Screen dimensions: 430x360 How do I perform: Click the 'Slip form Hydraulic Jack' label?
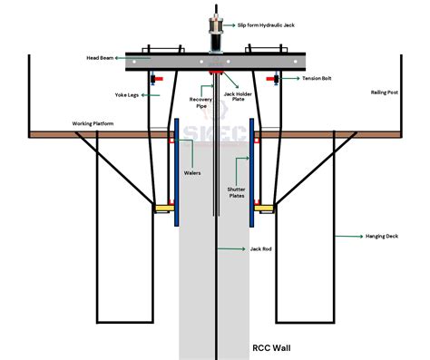pos(266,25)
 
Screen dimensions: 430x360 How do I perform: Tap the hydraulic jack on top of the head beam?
pos(216,34)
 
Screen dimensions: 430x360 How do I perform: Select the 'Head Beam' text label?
pos(100,58)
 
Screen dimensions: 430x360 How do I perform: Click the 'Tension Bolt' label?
pos(317,78)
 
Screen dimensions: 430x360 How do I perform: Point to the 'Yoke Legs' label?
pos(127,95)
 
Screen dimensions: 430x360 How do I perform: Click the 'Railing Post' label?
pos(385,92)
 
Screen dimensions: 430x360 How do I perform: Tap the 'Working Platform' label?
pos(93,123)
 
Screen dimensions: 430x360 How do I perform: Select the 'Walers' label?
pos(192,173)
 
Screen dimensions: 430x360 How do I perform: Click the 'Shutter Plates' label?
pos(237,192)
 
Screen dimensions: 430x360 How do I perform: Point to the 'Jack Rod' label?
pos(260,248)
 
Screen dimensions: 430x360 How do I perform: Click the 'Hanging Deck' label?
pos(382,236)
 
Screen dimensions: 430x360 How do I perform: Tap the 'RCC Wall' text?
pos(271,348)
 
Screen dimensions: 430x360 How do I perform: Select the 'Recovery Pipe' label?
pos(200,102)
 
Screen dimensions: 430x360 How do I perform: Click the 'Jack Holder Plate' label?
pos(238,97)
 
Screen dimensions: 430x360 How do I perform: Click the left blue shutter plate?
pos(177,172)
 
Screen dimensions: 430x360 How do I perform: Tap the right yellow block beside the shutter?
pos(264,208)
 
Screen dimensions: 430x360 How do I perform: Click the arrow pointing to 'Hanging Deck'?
pos(349,236)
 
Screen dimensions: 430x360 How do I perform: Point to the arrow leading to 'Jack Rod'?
pos(231,248)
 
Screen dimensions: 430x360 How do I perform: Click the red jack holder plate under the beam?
pos(216,73)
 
